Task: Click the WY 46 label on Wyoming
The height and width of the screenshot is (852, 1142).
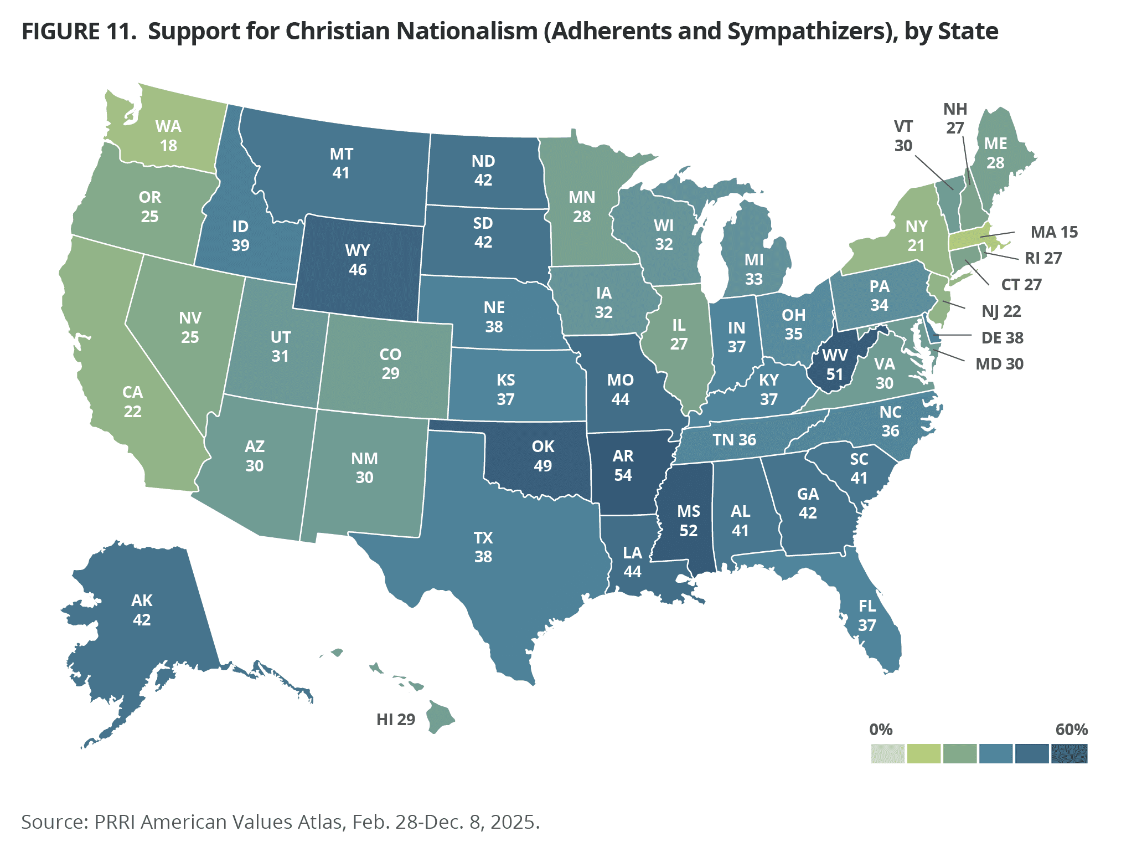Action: point(357,260)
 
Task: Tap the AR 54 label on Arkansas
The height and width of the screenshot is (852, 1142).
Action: point(623,465)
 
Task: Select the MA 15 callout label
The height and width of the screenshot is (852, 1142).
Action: point(1054,232)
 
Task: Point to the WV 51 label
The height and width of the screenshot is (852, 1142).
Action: point(835,365)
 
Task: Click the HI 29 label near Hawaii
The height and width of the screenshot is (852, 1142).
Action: point(395,720)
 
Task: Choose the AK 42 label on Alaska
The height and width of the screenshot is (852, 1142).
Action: point(142,610)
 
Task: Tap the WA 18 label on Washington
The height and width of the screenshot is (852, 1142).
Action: point(168,136)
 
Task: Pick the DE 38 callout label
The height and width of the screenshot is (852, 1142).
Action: point(1002,337)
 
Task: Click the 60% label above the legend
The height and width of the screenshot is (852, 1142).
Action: point(1071,729)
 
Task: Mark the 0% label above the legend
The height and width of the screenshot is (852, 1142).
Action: point(881,729)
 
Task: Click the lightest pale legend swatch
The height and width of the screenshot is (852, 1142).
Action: point(887,753)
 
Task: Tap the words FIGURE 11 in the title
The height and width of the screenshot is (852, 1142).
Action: point(79,32)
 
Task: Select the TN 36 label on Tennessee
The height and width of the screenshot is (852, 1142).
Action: point(734,440)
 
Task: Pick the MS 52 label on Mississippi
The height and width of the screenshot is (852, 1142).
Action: point(689,521)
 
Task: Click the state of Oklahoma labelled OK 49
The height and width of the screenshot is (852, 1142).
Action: point(542,456)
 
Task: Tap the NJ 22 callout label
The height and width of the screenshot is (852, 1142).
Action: point(1001,311)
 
